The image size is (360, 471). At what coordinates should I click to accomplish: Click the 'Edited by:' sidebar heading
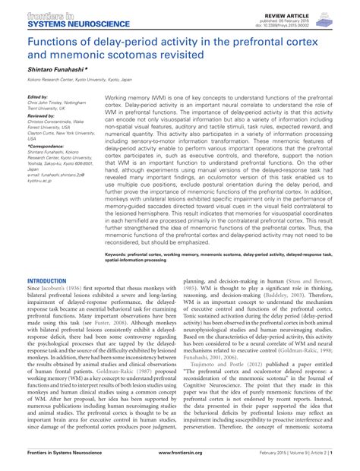coord(37,98)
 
